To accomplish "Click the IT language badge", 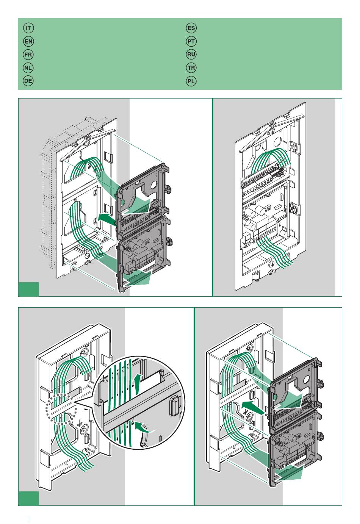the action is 28,28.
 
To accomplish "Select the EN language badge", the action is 28,41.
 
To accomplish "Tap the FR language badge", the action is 28,55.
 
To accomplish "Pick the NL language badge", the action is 28,68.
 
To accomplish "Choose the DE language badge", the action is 28,81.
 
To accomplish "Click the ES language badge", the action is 191,28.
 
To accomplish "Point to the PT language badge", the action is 191,41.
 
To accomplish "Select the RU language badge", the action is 191,55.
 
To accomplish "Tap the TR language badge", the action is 191,68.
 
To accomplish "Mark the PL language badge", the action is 191,81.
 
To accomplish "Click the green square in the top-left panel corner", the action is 28,289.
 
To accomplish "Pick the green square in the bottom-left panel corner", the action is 28,499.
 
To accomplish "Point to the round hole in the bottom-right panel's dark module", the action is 306,382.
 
